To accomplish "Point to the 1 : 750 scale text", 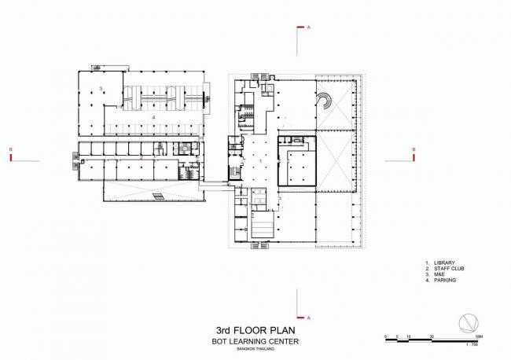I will tap(472, 343).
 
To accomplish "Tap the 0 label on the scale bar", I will tap(386, 336).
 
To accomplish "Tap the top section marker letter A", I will tap(310, 28).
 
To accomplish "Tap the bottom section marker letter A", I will tap(310, 317).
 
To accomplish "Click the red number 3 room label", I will tap(101, 87).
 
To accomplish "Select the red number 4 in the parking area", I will tap(153, 118).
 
